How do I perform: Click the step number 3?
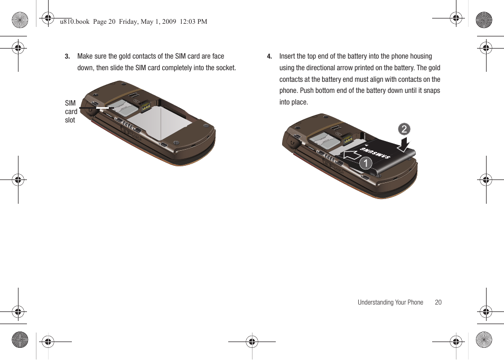coord(67,56)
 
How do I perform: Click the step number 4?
coord(269,56)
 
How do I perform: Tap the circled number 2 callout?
coord(404,129)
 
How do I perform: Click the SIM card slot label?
coord(71,111)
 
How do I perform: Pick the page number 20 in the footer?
coord(438,302)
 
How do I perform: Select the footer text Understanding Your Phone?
coord(390,302)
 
